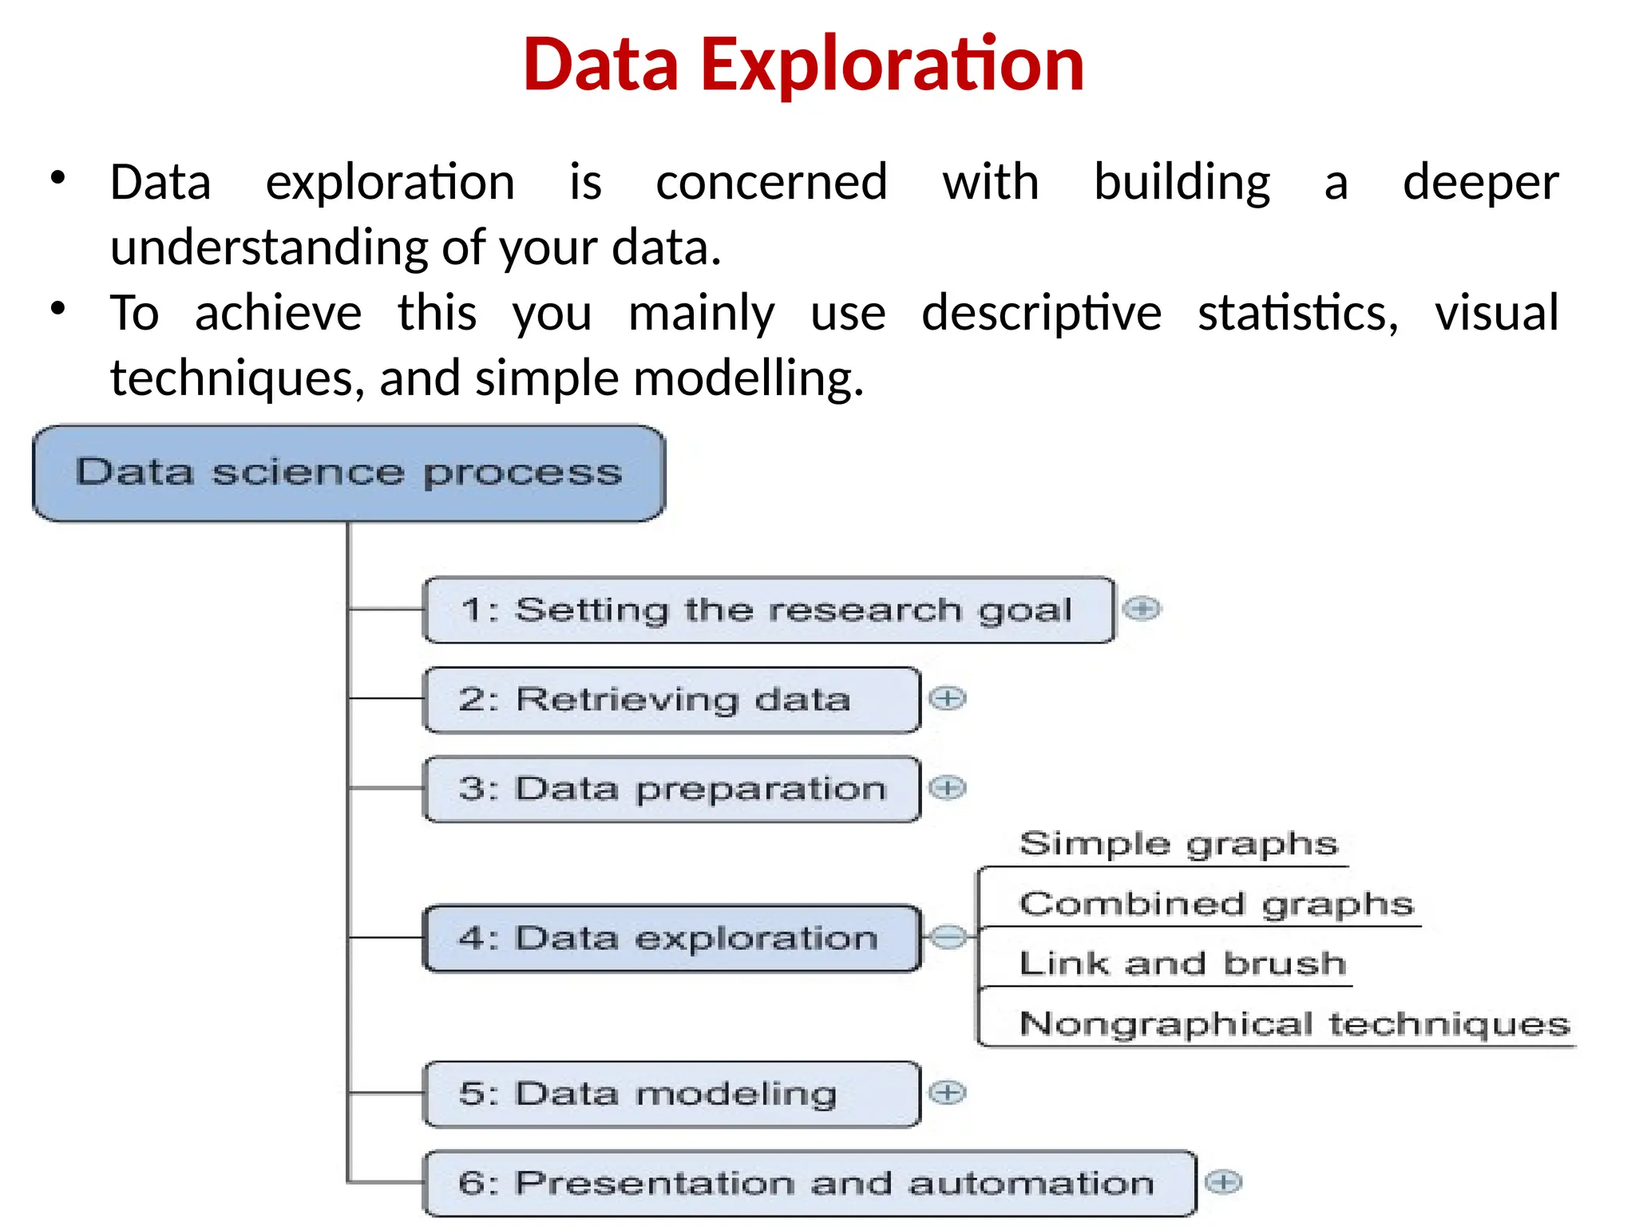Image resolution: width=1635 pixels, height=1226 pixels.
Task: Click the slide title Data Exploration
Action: [x=803, y=65]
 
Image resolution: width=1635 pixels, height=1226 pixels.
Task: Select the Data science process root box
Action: [x=349, y=473]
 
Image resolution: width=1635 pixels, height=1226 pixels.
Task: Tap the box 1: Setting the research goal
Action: [x=768, y=610]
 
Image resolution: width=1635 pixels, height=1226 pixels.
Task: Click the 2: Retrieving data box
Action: [x=671, y=700]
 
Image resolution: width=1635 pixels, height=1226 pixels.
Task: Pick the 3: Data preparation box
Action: [x=671, y=789]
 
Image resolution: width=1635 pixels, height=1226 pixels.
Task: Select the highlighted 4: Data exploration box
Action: [x=671, y=939]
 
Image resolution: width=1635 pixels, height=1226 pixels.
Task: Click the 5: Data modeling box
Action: [x=671, y=1094]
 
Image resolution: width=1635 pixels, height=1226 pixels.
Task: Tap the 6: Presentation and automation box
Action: [x=808, y=1183]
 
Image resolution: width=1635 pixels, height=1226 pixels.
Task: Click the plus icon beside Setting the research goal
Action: [x=1142, y=609]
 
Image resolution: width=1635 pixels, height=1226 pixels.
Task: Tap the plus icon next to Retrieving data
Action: [x=948, y=699]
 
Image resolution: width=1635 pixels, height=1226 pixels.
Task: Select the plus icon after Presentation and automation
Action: [x=1223, y=1182]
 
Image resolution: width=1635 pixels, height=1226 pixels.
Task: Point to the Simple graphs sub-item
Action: [x=1178, y=844]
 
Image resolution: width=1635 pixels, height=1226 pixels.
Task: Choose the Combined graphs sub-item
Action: [x=1216, y=904]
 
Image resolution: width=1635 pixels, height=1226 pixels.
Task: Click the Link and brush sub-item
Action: [x=1182, y=964]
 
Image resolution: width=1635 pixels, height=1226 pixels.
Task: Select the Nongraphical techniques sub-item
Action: [x=1294, y=1024]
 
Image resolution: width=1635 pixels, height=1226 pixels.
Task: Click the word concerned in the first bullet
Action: [x=771, y=182]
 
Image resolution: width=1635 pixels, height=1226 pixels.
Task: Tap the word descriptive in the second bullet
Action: [x=1041, y=312]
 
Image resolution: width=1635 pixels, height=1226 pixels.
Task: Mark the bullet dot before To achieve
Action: [x=57, y=308]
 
